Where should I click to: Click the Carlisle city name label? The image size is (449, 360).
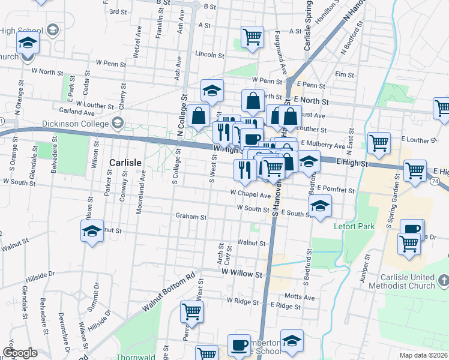coord(125,163)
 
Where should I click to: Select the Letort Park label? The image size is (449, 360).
coord(354,227)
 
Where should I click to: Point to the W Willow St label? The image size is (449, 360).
coord(242,273)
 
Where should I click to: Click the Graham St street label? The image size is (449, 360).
coord(191,217)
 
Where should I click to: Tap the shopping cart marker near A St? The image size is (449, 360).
coord(252,37)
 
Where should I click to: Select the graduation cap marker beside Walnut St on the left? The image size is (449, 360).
coord(92,231)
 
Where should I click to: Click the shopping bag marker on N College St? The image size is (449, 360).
coord(197,116)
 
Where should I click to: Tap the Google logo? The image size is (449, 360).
coord(20,353)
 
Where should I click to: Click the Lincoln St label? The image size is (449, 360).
coord(210,55)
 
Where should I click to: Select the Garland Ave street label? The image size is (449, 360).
coord(77,112)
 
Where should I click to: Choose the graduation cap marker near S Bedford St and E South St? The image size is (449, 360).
coord(321,207)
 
